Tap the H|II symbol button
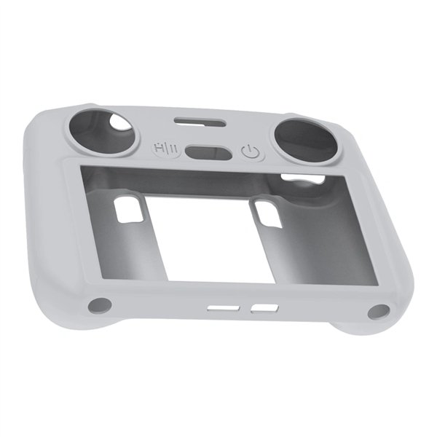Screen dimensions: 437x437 click(164, 146)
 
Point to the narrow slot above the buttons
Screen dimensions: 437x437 click(197, 119)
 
